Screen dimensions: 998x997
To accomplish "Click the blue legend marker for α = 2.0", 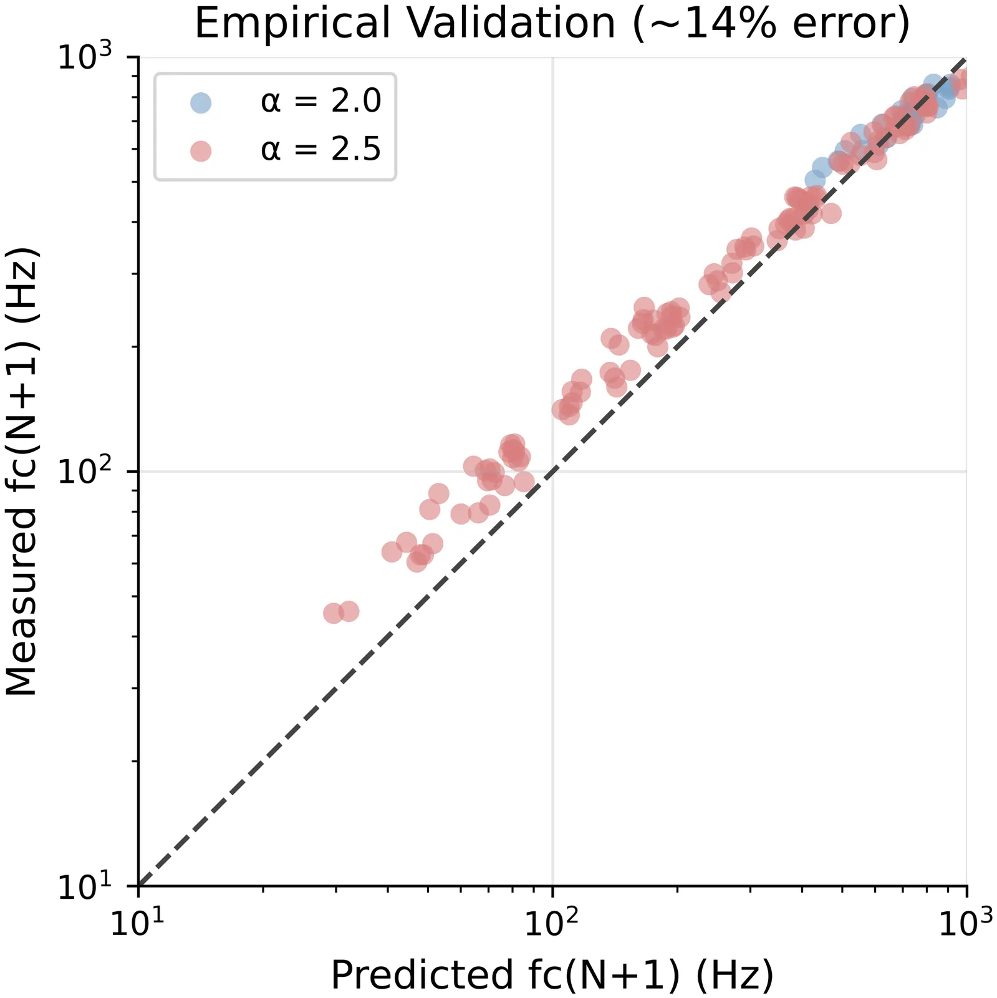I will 201,102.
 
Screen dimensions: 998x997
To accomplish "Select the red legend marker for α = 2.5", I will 201,151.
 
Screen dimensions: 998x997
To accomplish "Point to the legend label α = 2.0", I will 320,102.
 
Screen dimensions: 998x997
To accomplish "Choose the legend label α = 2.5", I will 320,150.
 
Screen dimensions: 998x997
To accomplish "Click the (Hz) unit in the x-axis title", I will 734,974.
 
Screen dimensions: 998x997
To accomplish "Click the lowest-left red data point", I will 334,613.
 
